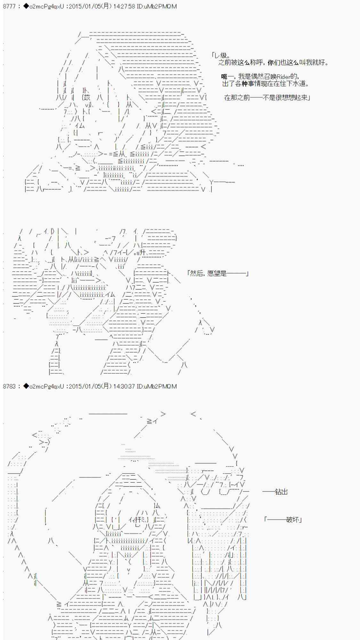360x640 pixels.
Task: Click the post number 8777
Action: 9,6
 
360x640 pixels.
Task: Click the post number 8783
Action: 9,386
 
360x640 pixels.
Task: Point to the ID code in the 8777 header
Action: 157,6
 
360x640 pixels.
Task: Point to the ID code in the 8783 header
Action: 157,386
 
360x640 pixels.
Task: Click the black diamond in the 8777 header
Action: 26,6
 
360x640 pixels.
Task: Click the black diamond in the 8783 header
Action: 26,386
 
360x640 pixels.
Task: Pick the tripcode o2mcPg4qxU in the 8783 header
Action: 47,386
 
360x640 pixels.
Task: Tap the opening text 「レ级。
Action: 220,55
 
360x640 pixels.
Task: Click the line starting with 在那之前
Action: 267,98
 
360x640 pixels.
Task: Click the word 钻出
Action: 281,492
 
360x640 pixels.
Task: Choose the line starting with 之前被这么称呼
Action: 273,62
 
